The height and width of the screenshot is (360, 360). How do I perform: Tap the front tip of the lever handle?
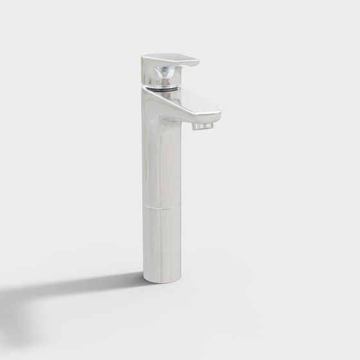(x=195, y=62)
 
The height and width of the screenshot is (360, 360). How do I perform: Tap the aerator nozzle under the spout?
(x=201, y=126)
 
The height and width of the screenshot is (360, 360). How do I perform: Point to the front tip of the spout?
(x=218, y=116)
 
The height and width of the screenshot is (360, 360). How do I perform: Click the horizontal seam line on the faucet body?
(x=161, y=208)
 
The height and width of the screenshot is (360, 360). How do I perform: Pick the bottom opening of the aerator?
(x=201, y=130)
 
